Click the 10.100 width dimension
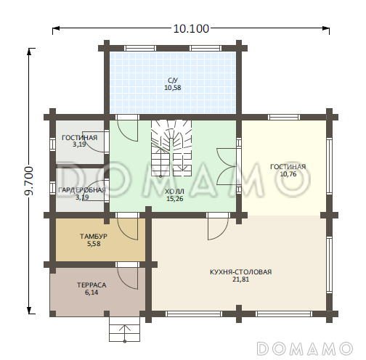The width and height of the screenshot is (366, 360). pyautogui.click(x=191, y=28)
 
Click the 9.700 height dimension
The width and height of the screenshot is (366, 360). pyautogui.click(x=29, y=181)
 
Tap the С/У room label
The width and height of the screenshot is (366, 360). pyautogui.click(x=173, y=80)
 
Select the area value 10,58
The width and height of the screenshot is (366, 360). pyautogui.click(x=173, y=88)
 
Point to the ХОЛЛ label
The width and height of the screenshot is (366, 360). pyautogui.click(x=174, y=192)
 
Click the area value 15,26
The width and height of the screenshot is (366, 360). pyautogui.click(x=175, y=199)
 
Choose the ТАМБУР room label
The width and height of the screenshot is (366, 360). pyautogui.click(x=94, y=236)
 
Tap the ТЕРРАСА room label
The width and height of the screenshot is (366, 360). pyautogui.click(x=91, y=285)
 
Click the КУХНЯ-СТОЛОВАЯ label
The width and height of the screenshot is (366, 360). pyautogui.click(x=240, y=272)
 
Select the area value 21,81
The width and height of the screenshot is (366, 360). pyautogui.click(x=241, y=279)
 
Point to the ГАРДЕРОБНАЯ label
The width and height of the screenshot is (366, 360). pyautogui.click(x=82, y=190)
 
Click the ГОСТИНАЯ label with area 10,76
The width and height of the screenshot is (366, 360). pyautogui.click(x=288, y=167)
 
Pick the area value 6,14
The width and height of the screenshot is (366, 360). pyautogui.click(x=91, y=292)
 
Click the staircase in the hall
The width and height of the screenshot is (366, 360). pyautogui.click(x=171, y=148)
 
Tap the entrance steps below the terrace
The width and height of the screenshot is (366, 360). pyautogui.click(x=125, y=329)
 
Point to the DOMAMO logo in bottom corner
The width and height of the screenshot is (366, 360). pyautogui.click(x=304, y=349)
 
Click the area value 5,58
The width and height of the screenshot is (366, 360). pyautogui.click(x=94, y=244)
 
